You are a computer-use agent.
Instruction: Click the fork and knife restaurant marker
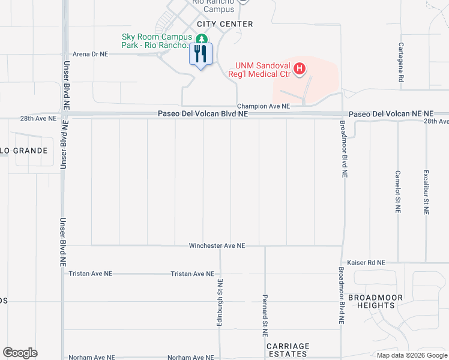(200, 54)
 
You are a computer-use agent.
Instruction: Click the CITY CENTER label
(225, 24)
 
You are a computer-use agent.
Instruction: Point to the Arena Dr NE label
(90, 53)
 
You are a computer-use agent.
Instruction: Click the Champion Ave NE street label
(263, 106)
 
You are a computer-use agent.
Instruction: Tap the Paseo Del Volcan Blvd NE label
(203, 113)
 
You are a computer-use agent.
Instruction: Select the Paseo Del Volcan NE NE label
(391, 113)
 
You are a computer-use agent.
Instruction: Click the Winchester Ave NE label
(217, 245)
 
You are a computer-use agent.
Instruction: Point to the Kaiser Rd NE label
(366, 263)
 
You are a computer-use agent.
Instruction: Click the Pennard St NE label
(265, 311)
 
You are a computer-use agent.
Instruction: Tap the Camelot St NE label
(397, 191)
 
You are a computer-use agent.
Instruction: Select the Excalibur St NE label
(426, 192)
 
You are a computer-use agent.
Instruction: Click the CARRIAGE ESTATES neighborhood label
(288, 350)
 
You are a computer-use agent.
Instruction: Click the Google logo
(20, 353)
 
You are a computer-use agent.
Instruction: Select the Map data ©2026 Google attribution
(411, 355)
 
